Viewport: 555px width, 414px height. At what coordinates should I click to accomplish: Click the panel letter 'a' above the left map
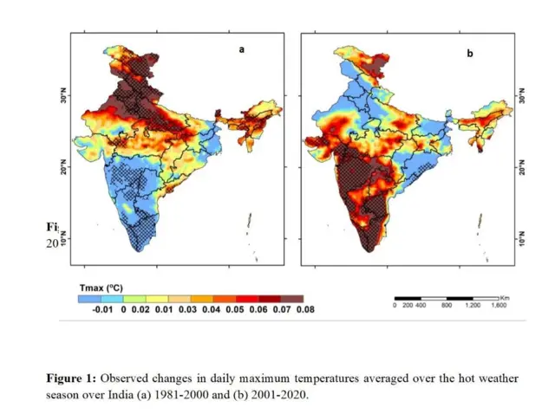coord(242,50)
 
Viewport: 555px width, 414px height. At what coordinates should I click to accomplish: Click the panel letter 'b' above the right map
coord(470,54)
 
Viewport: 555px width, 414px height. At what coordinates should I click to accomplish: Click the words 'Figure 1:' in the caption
coord(73,378)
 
